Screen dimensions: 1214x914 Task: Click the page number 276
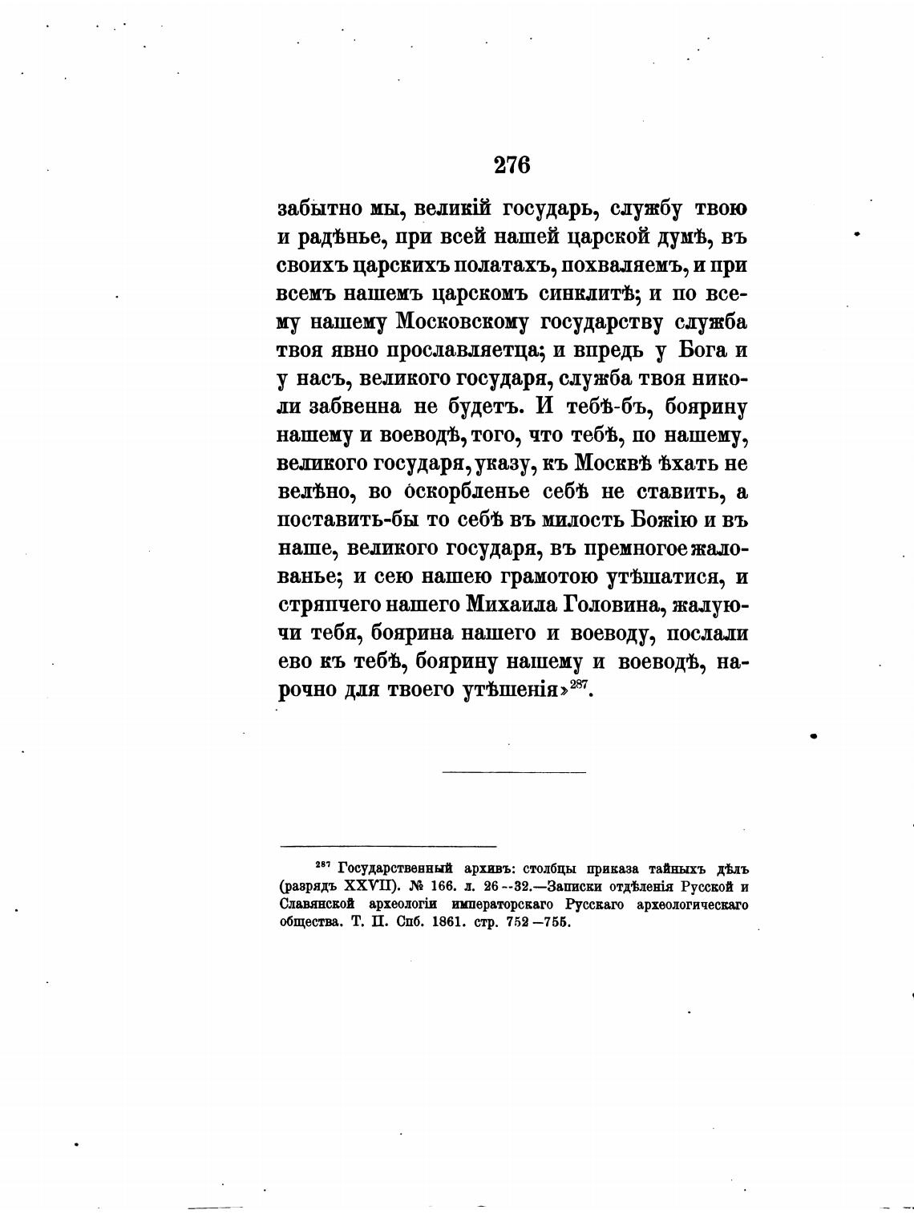(512, 165)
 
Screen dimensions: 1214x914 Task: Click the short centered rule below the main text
(514, 773)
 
